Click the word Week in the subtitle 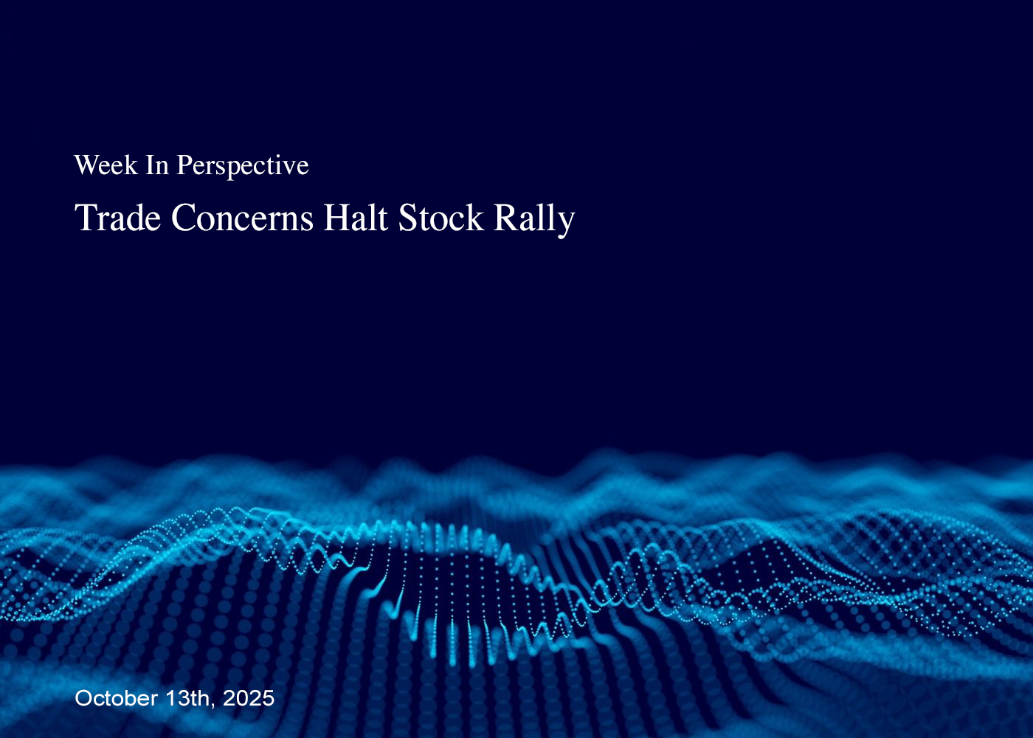coord(106,165)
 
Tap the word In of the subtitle coord(157,165)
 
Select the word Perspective coord(243,167)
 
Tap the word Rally coord(534,220)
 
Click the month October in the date coord(117,698)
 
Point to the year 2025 coord(249,698)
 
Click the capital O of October coord(84,698)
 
